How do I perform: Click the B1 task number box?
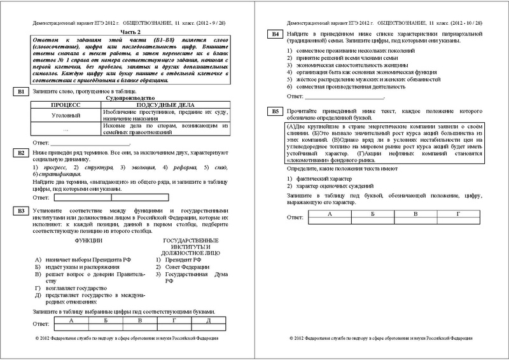[21, 92]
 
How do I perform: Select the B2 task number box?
[21, 153]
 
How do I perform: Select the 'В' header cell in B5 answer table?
[414, 214]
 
